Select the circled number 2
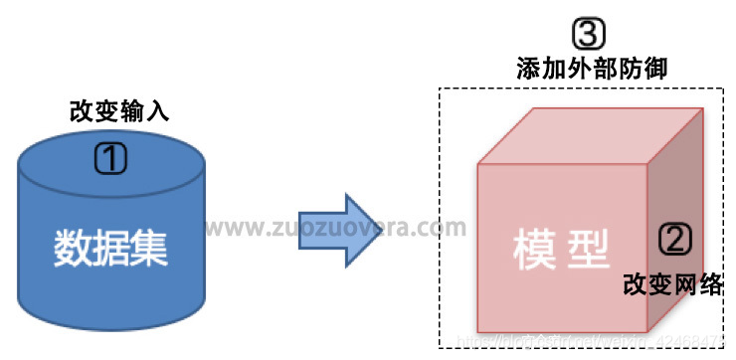coord(674,238)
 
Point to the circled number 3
coord(589,36)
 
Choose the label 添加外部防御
coord(591,69)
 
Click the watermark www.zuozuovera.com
coord(335,228)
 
